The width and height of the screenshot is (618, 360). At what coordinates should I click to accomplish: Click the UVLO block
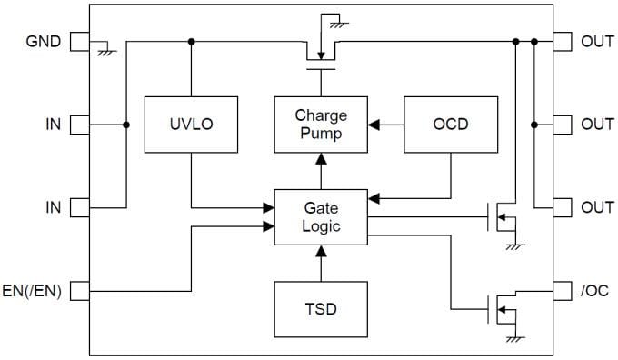[191, 123]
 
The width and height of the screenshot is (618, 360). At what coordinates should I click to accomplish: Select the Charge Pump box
[321, 123]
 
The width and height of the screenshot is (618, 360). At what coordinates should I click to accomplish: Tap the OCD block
[450, 123]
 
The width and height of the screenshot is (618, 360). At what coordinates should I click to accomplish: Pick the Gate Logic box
[321, 216]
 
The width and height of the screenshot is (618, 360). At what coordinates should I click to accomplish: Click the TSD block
[321, 309]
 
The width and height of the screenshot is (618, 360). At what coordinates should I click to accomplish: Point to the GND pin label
[44, 41]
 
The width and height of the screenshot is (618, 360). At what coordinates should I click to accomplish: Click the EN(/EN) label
[33, 291]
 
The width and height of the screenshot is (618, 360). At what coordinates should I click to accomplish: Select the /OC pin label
[596, 291]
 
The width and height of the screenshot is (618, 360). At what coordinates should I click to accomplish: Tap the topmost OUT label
[596, 41]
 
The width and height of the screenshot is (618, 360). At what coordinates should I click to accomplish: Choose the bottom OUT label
[596, 207]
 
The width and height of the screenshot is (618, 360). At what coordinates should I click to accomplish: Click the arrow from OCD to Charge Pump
[385, 123]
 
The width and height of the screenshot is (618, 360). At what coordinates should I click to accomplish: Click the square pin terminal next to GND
[79, 41]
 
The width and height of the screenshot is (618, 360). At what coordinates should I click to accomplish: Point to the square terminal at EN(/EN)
[79, 291]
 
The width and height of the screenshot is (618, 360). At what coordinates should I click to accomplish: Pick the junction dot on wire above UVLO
[191, 41]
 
